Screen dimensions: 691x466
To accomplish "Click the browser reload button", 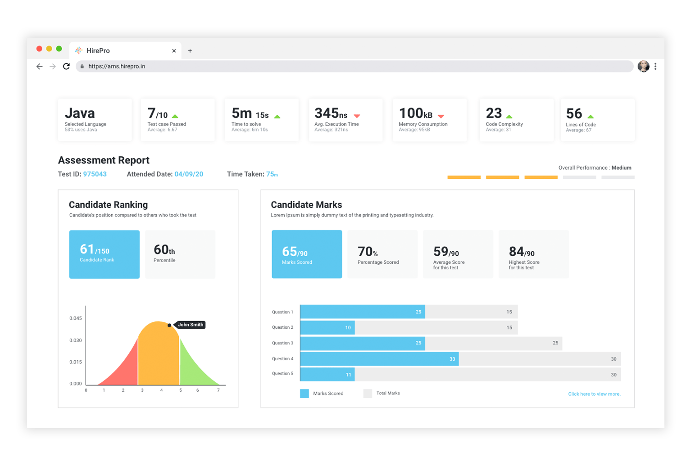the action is point(66,66).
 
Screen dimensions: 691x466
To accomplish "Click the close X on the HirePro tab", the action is point(174,51).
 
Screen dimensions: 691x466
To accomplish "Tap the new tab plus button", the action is point(190,51).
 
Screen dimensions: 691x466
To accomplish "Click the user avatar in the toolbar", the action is point(644,66).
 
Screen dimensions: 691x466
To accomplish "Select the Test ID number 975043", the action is point(95,174).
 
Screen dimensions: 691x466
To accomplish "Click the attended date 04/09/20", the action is point(189,174).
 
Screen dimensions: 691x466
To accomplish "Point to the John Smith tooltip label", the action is point(190,325).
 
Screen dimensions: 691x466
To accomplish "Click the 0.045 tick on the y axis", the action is point(76,318).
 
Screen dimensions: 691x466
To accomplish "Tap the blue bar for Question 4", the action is point(379,359).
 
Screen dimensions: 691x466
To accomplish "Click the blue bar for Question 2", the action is point(327,327).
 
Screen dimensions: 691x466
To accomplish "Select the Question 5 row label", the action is point(282,374).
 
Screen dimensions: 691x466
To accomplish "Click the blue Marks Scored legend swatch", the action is point(305,394).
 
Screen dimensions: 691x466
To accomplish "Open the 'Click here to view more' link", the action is point(595,394).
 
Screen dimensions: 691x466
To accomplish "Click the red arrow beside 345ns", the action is point(357,116).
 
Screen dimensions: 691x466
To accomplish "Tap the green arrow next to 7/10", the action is point(175,116).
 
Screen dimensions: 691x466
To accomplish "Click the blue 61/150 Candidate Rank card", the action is point(104,254).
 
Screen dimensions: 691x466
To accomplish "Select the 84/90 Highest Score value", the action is point(522,252).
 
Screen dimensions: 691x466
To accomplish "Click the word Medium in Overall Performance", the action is point(621,168).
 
